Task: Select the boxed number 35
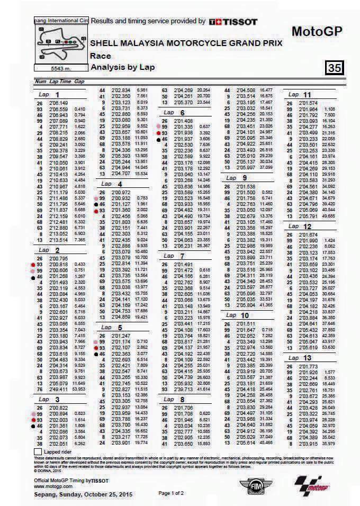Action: pos(335,68)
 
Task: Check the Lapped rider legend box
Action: pos(38,452)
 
